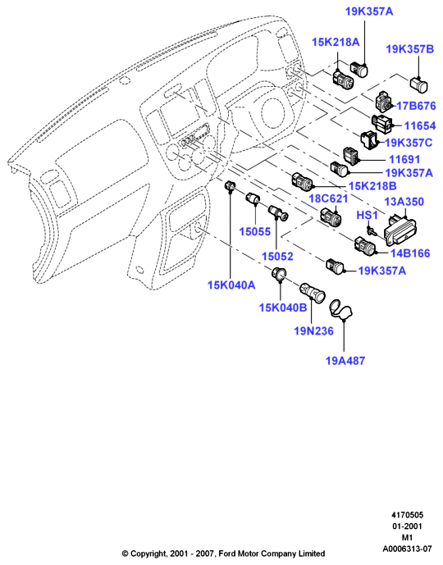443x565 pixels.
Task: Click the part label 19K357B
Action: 410,49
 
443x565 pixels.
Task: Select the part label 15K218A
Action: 336,42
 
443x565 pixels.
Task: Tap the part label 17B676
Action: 416,106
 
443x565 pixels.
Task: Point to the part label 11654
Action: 419,125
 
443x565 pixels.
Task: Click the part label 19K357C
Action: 409,143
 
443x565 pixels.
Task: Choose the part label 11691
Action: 404,159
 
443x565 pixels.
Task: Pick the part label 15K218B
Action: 372,186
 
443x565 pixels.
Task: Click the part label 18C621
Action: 328,198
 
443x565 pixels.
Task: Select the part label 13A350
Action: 404,202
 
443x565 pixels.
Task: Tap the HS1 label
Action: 367,215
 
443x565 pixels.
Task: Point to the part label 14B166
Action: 410,253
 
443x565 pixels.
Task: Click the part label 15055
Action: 255,232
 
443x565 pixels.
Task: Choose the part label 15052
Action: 277,256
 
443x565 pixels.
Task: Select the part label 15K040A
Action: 231,285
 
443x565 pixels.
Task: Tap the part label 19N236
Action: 313,330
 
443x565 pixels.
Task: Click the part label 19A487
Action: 345,360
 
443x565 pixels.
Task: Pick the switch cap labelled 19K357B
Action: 418,84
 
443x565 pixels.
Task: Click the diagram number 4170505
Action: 408,514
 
